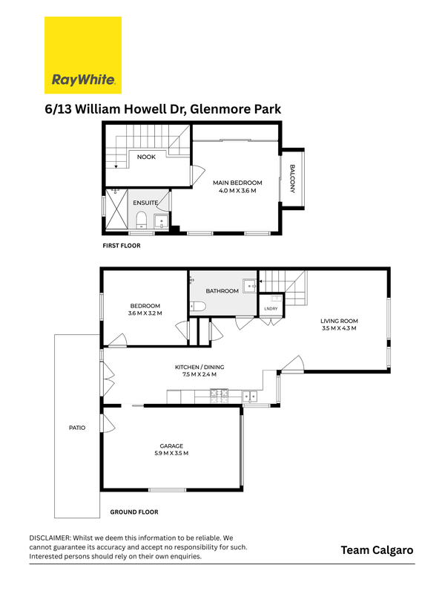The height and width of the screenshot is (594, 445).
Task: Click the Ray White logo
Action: [x=83, y=55]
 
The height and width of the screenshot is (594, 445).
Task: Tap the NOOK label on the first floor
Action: [x=146, y=157]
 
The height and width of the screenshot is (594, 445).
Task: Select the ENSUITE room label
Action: [x=145, y=203]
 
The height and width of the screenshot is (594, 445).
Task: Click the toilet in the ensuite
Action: [x=141, y=220]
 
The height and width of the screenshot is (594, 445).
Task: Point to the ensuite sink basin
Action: [x=162, y=222]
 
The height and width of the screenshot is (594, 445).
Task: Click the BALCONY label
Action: [x=292, y=178]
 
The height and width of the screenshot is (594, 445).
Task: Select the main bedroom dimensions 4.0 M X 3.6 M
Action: [x=237, y=191]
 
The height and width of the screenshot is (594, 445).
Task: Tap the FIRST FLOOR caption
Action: [x=122, y=246]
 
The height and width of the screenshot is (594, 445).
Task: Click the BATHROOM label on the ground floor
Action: [x=222, y=291]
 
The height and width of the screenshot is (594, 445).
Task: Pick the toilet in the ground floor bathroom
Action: [x=197, y=306]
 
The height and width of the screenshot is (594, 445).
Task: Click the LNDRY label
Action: [x=271, y=309]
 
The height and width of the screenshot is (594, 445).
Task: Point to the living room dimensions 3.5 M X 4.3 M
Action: [x=339, y=328]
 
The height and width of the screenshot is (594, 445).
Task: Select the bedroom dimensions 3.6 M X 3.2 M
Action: [x=145, y=313]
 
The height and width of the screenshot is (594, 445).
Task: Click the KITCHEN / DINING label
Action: [x=200, y=367]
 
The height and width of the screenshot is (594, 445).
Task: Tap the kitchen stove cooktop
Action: [x=219, y=396]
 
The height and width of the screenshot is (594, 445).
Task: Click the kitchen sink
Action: [x=250, y=396]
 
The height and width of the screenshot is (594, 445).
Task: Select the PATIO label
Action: [x=77, y=428]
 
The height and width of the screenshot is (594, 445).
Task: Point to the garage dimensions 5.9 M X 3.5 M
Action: [x=171, y=453]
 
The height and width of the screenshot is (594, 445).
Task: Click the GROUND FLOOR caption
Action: [x=134, y=512]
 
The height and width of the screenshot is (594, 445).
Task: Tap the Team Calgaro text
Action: [x=377, y=550]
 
